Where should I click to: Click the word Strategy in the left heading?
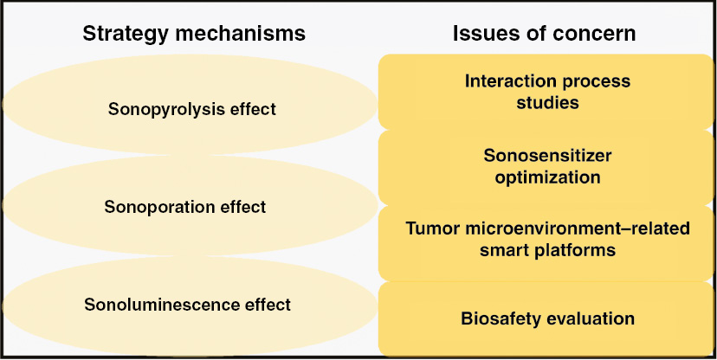coord(125,35)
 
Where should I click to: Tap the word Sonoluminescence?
coord(162,305)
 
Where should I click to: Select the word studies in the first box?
coord(548,103)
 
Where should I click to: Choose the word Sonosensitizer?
coord(547,156)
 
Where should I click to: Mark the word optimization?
coord(548,177)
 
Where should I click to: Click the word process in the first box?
coord(597,81)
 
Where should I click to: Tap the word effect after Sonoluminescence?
coord(268,305)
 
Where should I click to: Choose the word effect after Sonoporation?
coord(243,207)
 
